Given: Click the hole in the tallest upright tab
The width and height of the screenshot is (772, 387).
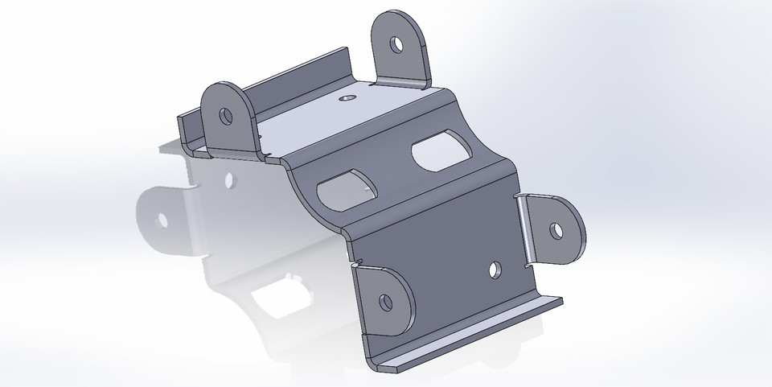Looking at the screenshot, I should pyautogui.click(x=398, y=44).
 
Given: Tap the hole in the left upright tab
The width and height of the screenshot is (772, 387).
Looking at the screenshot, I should pyautogui.click(x=226, y=117).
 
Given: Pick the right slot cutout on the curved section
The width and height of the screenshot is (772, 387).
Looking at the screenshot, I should pyautogui.click(x=441, y=153).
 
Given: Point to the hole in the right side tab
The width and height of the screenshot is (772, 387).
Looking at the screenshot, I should pyautogui.click(x=556, y=230).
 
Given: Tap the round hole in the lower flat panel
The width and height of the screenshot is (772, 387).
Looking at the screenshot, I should pyautogui.click(x=496, y=271).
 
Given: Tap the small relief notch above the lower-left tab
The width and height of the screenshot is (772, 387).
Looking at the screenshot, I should pyautogui.click(x=355, y=260).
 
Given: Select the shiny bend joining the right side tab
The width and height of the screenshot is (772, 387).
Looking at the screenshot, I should pyautogui.click(x=523, y=229).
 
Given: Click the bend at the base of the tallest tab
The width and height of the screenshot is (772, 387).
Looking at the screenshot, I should pyautogui.click(x=402, y=82).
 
